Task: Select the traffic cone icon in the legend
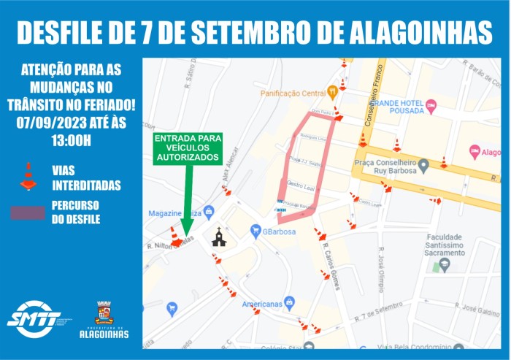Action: pyautogui.click(x=28, y=176)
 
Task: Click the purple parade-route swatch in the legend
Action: pyautogui.click(x=28, y=212)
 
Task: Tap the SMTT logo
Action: pyautogui.click(x=34, y=318)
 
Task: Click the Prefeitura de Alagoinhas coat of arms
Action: pyautogui.click(x=104, y=313)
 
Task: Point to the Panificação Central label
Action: pyautogui.click(x=293, y=93)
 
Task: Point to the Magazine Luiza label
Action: pyautogui.click(x=175, y=213)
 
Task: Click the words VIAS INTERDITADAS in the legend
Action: pyautogui.click(x=85, y=177)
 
